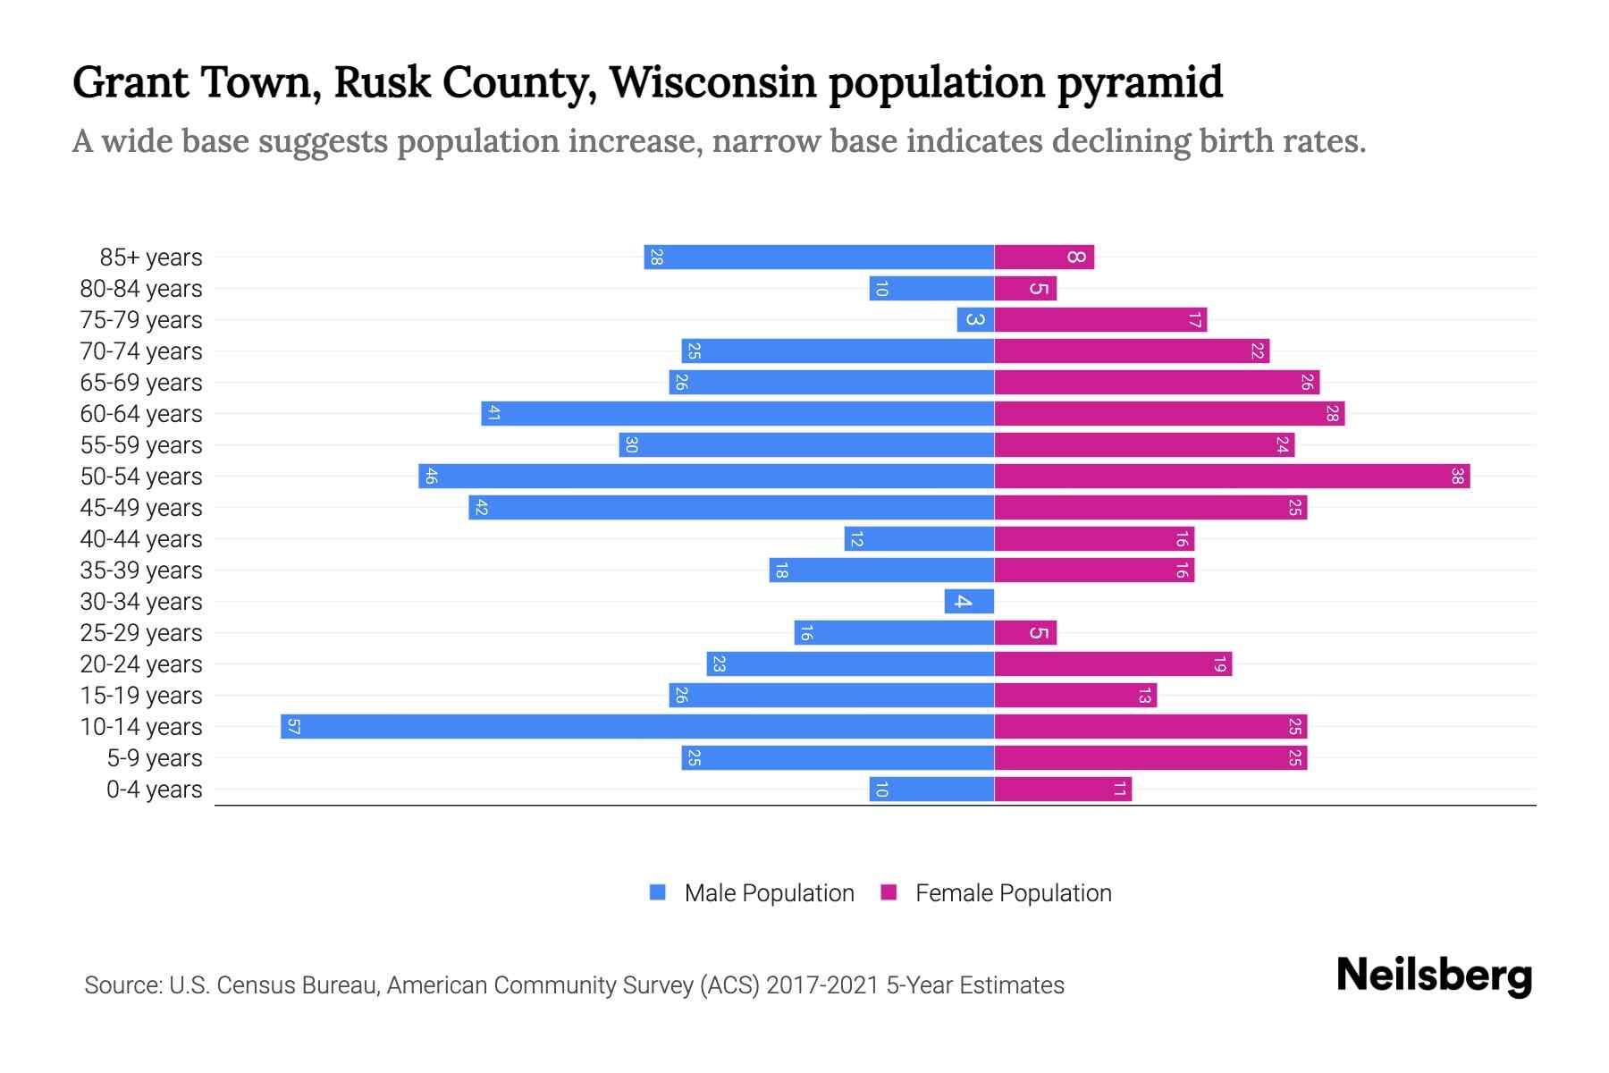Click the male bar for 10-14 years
click(636, 726)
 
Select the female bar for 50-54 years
click(1232, 476)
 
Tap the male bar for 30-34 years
click(969, 601)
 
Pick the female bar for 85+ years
click(1044, 257)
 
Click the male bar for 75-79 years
click(975, 319)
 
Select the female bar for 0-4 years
click(1063, 789)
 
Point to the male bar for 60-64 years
click(737, 413)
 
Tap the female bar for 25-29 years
click(1025, 632)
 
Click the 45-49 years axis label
click(141, 508)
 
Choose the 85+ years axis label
click(151, 258)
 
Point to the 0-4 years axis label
click(154, 790)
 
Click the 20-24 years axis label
click(141, 664)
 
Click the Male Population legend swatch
click(658, 892)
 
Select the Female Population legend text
click(1013, 892)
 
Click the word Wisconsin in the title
click(712, 82)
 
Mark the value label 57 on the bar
click(293, 726)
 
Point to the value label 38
click(1457, 476)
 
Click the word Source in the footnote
click(122, 985)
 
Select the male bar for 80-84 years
click(931, 288)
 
